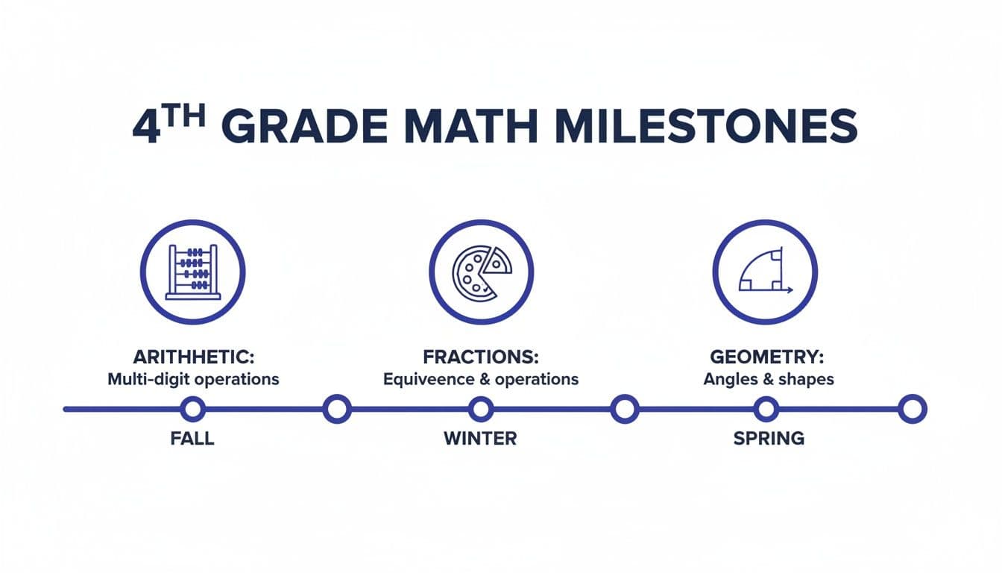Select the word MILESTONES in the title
(707, 127)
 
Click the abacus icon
(192, 272)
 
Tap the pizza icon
(481, 272)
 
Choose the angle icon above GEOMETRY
(765, 272)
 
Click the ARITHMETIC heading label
(192, 356)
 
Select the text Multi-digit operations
(193, 379)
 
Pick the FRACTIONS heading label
(480, 356)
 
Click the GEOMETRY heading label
(768, 356)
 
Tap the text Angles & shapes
(768, 379)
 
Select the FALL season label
(192, 438)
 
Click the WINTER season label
(480, 438)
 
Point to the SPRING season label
(769, 438)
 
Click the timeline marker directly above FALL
(192, 409)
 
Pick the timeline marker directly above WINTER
(481, 409)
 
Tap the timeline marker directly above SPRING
(766, 409)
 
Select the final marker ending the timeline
(911, 409)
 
